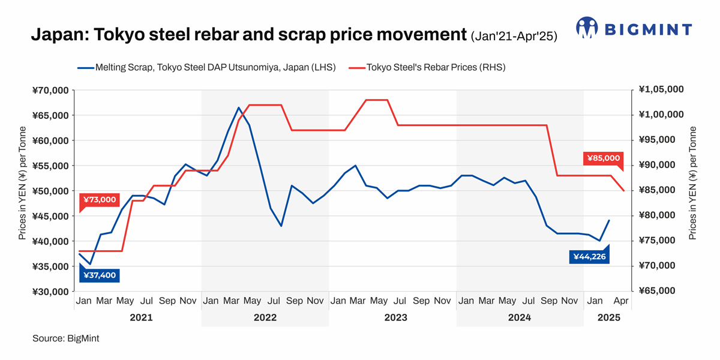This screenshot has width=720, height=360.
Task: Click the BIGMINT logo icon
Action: [x=587, y=28]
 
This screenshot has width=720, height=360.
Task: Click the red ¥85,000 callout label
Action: [x=603, y=158]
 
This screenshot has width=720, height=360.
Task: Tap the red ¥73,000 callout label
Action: [x=100, y=200]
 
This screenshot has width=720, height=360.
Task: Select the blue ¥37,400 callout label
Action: [x=100, y=275]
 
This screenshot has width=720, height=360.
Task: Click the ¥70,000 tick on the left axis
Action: [x=51, y=91]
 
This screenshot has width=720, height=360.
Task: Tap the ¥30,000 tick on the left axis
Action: [x=51, y=292]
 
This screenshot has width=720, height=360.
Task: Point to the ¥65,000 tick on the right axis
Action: [x=659, y=291]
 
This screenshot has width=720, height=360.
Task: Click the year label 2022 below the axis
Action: [x=265, y=317]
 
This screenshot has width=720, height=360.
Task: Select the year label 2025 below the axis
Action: [x=609, y=317]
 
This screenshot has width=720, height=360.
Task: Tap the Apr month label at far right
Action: [x=621, y=300]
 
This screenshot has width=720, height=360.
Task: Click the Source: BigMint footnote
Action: [x=66, y=338]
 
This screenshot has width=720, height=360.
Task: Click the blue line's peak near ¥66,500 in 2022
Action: [x=239, y=108]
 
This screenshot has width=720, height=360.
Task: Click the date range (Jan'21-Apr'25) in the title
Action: [x=514, y=37]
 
